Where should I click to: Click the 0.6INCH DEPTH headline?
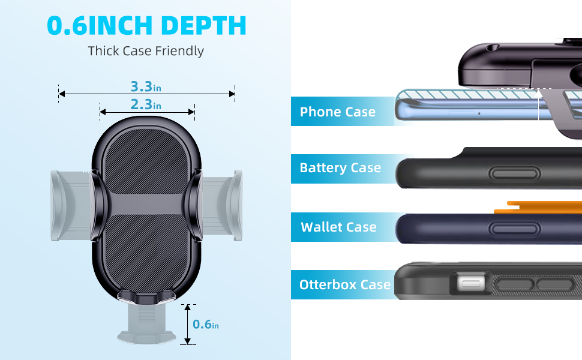[x=146, y=26]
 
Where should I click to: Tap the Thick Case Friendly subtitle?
[x=146, y=51]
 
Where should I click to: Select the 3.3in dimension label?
[x=146, y=86]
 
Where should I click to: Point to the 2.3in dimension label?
[x=146, y=105]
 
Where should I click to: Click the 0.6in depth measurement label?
[x=206, y=324]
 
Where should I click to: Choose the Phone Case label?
[x=337, y=112]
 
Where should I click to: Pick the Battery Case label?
[x=340, y=168]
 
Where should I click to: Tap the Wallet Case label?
[x=338, y=227]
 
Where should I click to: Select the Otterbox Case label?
[x=345, y=284]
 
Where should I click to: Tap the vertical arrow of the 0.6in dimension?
[x=187, y=324]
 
